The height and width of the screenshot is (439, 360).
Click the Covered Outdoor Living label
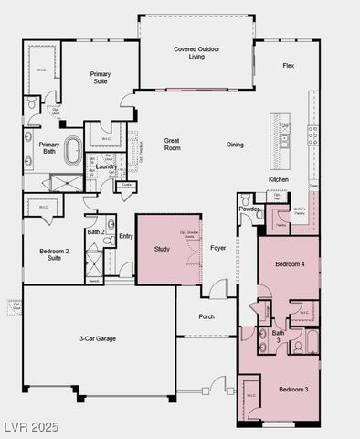click(196, 52)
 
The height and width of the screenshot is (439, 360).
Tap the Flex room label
click(288, 66)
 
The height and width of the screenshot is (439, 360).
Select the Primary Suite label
click(100, 77)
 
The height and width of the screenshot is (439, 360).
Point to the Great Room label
click(172, 145)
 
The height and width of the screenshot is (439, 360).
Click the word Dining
click(235, 145)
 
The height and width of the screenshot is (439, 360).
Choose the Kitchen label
click(279, 179)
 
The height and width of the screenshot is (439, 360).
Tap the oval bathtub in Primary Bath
click(72, 149)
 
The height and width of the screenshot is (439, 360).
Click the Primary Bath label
click(49, 148)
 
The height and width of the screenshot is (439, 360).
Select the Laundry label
click(105, 166)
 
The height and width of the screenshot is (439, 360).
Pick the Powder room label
click(249, 209)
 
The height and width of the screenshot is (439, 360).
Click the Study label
click(162, 249)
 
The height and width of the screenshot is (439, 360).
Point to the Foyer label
click(218, 248)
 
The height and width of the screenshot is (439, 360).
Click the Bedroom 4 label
click(290, 264)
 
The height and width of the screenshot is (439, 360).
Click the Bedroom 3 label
click(292, 390)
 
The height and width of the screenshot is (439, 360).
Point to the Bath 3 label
click(278, 337)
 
